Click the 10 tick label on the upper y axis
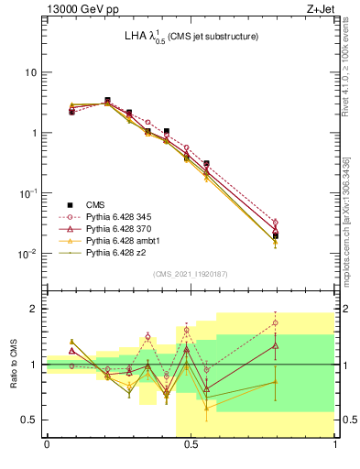click(30, 72)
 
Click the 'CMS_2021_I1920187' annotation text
click(191, 274)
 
